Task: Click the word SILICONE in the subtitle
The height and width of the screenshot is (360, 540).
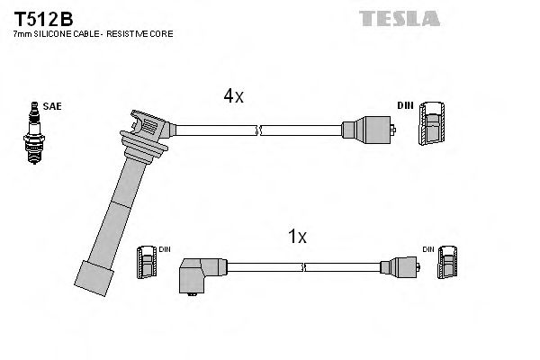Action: [53, 33]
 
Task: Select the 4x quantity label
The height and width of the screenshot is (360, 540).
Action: [233, 96]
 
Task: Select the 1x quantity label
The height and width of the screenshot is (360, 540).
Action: [297, 238]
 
